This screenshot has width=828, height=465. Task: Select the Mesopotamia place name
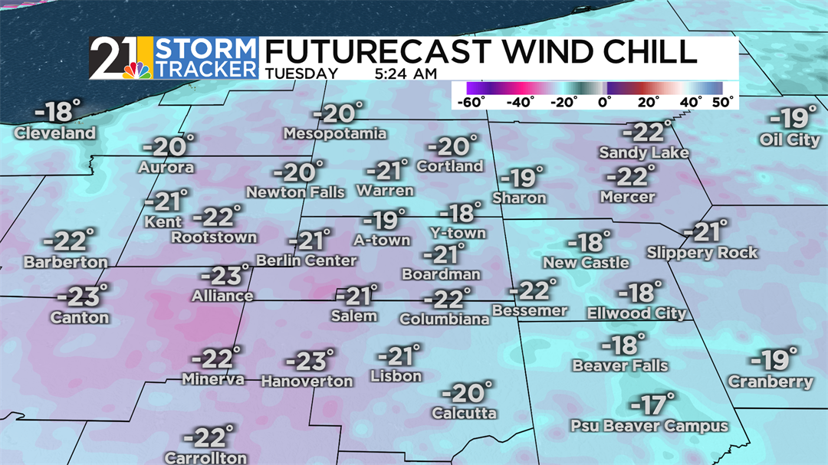(334, 134)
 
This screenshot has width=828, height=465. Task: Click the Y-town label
(457, 233)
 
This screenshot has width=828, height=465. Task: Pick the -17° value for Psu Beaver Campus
(652, 404)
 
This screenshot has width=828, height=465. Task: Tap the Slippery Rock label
(701, 253)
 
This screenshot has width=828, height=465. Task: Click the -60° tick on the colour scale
(470, 101)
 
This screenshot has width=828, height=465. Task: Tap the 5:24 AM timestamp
(407, 74)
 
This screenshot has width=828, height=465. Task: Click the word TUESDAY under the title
(302, 74)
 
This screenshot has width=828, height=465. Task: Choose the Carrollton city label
(205, 458)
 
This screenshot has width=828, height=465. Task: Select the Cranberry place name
(770, 381)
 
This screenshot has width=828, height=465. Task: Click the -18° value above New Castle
(589, 243)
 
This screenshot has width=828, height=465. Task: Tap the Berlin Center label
(307, 260)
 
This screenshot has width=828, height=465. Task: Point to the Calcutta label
(464, 414)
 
